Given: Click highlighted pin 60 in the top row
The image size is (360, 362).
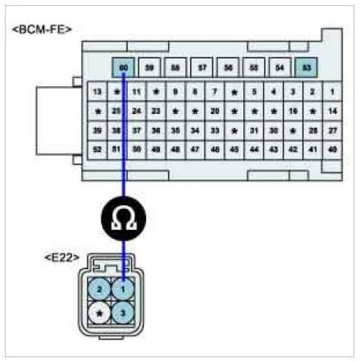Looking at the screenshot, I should (x=123, y=68).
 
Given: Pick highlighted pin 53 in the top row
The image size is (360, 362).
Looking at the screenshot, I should (x=306, y=68).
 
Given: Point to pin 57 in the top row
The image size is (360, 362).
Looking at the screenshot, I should (x=202, y=68).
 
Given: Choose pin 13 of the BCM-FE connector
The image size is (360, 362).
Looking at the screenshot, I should (x=98, y=91).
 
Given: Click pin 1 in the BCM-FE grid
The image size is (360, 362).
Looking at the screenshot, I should (x=332, y=91).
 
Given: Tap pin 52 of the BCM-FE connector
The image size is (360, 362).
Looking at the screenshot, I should (x=98, y=150).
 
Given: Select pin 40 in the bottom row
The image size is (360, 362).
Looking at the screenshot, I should (x=332, y=150).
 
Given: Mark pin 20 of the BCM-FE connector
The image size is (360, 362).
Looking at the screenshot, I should (x=215, y=111).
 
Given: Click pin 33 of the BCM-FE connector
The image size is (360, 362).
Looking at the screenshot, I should (x=215, y=130).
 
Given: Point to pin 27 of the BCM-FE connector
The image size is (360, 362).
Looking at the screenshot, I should (x=332, y=130).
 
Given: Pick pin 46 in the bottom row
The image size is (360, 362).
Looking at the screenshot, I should (x=215, y=150).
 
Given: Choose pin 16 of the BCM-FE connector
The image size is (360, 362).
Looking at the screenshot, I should (x=293, y=111).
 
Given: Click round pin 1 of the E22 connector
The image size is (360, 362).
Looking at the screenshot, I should (x=123, y=289).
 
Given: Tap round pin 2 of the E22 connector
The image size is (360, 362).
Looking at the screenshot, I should (x=100, y=289).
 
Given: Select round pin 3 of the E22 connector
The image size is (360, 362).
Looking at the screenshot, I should (x=123, y=313).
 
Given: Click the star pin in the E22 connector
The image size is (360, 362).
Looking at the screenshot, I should (x=100, y=313).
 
